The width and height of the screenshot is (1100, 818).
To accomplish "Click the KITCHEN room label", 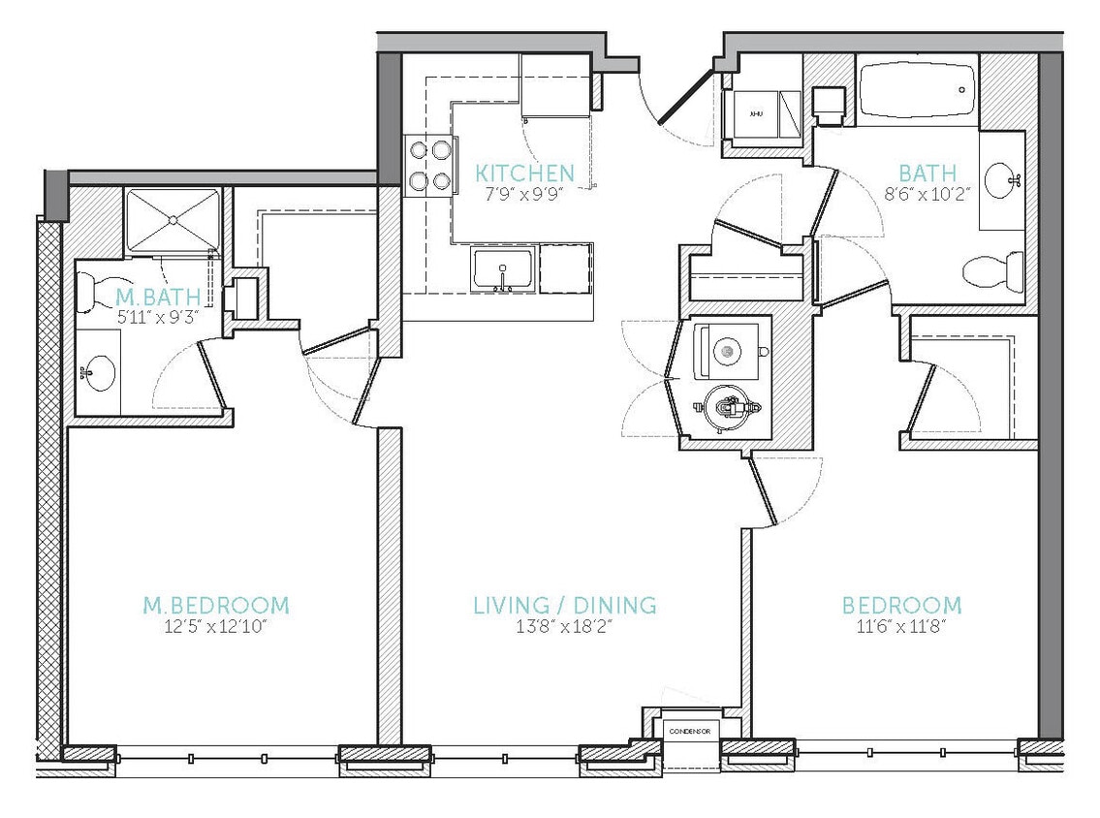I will [524, 173].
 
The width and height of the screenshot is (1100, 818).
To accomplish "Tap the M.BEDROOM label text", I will [215, 607].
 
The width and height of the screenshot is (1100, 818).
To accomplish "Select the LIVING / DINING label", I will [564, 607].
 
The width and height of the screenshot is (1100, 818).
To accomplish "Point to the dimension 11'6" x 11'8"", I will [900, 627].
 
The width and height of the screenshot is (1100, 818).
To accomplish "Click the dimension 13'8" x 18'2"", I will [564, 627].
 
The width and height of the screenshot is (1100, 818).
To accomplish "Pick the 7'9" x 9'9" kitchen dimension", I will [524, 193].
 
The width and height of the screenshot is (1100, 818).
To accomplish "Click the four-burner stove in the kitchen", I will [430, 165].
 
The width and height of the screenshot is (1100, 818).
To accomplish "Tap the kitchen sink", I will [502, 270].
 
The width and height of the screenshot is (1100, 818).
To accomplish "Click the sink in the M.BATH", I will [98, 370].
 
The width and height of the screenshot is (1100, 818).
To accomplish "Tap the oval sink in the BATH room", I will [1002, 180].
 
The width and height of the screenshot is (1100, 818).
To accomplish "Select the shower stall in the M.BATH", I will [173, 219].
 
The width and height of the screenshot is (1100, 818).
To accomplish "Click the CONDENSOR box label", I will [689, 730].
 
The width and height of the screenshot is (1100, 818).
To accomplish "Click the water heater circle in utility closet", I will [729, 408].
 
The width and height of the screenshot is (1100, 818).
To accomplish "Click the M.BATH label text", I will [143, 296].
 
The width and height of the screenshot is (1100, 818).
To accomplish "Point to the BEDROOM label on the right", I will [901, 607].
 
